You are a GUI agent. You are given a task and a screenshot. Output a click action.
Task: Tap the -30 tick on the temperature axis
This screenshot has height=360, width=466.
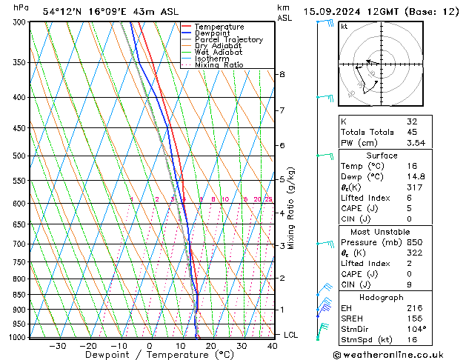[x=57, y=346]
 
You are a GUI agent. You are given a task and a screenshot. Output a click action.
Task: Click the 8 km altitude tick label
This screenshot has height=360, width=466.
[x=282, y=75]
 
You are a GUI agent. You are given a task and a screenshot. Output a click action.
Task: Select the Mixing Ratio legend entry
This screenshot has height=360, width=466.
[x=219, y=65]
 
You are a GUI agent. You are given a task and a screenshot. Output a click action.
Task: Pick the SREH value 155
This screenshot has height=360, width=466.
[x=413, y=318]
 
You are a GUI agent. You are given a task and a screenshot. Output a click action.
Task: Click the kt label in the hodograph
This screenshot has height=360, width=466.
[x=344, y=27]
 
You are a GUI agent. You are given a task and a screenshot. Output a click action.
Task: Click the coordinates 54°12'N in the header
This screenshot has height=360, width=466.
[x=62, y=11]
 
